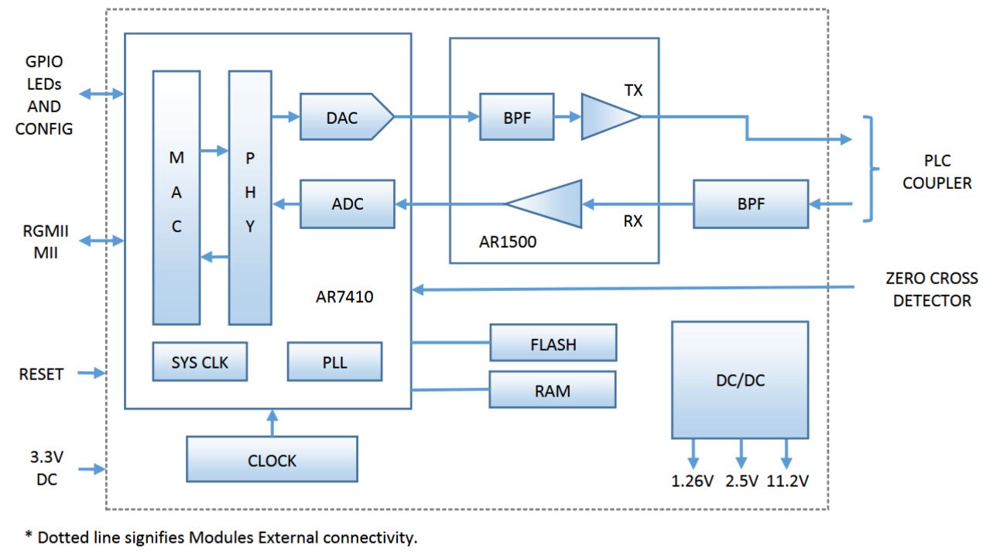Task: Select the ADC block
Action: (x=347, y=204)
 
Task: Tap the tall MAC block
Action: (x=176, y=197)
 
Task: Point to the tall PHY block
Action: (x=250, y=197)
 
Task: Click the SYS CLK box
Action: (x=200, y=362)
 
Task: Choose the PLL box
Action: (x=334, y=362)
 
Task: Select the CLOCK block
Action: (x=272, y=460)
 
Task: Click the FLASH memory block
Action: (x=553, y=343)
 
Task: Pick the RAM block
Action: (x=552, y=389)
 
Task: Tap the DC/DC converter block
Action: (x=739, y=379)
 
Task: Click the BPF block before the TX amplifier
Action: (x=516, y=117)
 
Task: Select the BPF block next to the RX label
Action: (x=750, y=204)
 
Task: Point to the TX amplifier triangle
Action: (x=608, y=117)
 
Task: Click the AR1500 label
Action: (x=508, y=242)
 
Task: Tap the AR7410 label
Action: (x=345, y=296)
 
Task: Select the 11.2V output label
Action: (x=788, y=481)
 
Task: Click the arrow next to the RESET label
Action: (x=91, y=373)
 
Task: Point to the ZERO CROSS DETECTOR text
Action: (x=931, y=290)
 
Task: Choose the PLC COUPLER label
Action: (x=937, y=173)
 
